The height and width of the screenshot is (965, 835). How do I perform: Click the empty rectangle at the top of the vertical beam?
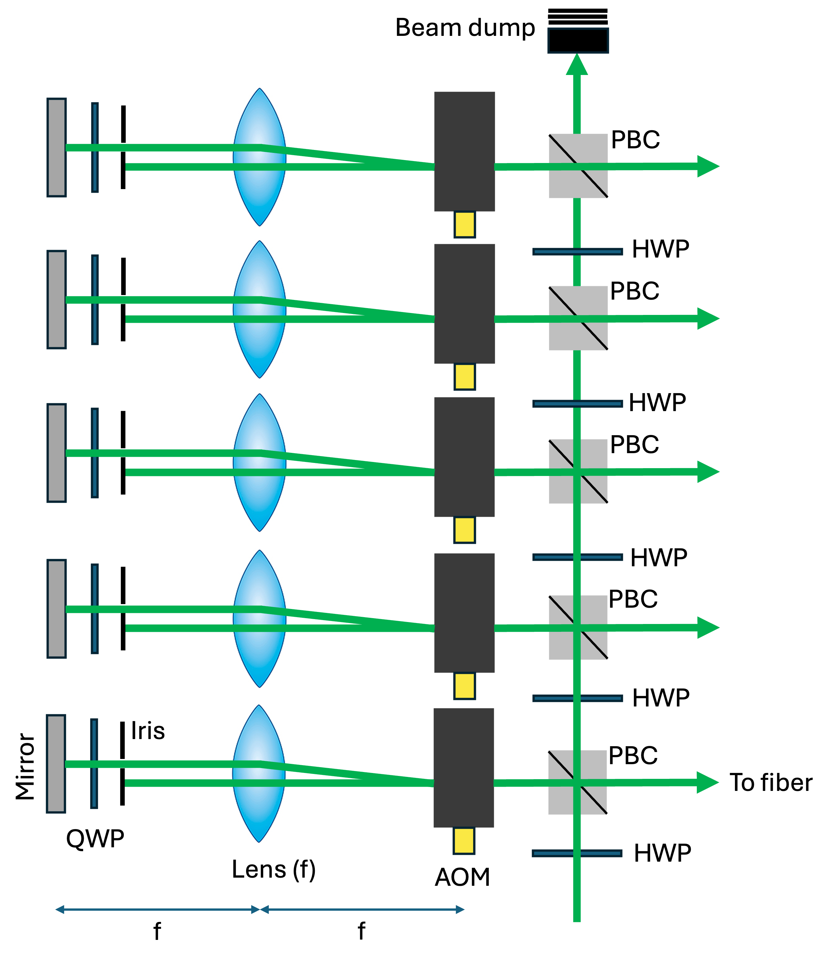click(578, 40)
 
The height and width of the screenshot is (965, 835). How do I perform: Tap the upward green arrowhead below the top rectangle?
click(577, 65)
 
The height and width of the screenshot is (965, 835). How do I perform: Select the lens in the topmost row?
click(259, 157)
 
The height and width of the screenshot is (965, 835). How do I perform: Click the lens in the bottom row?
click(258, 774)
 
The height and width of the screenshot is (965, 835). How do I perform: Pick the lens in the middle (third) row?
click(259, 463)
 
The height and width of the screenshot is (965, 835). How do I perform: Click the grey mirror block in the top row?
click(56, 147)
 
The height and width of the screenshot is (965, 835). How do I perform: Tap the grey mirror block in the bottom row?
click(56, 764)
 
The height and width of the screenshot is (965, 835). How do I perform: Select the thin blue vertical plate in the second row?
click(95, 300)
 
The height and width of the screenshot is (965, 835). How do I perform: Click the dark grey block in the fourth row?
click(464, 613)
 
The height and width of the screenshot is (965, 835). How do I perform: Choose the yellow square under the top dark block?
click(464, 225)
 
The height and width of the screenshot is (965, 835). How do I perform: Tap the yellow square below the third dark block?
click(464, 530)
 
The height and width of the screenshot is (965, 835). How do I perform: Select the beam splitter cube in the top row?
click(578, 166)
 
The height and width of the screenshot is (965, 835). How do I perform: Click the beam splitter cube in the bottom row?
click(577, 782)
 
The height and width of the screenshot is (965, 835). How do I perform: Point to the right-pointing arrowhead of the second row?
click(707, 319)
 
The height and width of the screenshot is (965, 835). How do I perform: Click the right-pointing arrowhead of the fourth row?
click(707, 628)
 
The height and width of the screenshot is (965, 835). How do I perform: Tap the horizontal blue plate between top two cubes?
click(577, 252)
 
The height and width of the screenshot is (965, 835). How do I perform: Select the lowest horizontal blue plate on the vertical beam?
click(577, 854)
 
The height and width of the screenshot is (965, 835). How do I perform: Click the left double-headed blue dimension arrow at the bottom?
click(157, 910)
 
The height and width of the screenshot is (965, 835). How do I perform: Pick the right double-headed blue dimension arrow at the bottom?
click(362, 910)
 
